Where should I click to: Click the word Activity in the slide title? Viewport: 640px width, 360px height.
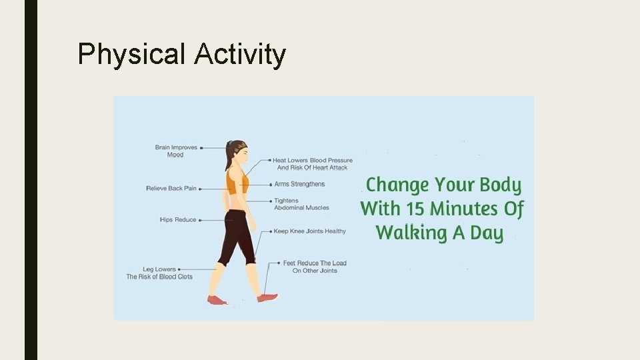[240, 55]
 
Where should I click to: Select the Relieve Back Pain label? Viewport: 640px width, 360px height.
[171, 189]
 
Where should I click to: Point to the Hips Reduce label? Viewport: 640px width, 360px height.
[178, 220]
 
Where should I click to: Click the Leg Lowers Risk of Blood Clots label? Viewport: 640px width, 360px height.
[159, 273]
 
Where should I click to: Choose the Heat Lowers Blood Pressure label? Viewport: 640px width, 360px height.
[313, 164]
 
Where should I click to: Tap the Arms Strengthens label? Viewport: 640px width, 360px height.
[299, 184]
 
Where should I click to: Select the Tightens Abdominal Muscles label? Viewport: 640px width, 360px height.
[301, 204]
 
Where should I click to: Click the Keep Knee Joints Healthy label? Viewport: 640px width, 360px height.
[309, 231]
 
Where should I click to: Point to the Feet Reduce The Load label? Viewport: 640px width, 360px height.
[315, 267]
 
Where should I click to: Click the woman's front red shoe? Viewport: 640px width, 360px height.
[267, 298]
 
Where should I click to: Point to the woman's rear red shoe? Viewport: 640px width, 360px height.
[217, 300]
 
